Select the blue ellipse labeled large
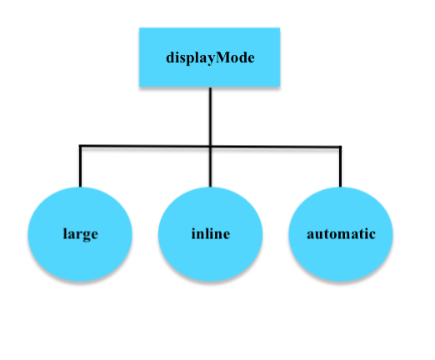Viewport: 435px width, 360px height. pyautogui.click(x=80, y=250)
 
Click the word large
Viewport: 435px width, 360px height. pyautogui.click(x=80, y=234)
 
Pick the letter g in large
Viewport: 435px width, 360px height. pyautogui.click(x=86, y=236)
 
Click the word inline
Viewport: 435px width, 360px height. pyautogui.click(x=210, y=234)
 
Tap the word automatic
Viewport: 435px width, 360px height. pyautogui.click(x=340, y=234)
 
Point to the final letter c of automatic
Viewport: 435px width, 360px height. pyautogui.click(x=372, y=235)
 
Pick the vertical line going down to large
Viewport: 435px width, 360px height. pyautogui.click(x=80, y=167)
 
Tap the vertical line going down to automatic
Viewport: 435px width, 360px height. pyautogui.click(x=340, y=167)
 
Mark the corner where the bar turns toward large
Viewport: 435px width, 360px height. pyautogui.click(x=80, y=147)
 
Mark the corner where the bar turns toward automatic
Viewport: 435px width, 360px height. pyautogui.click(x=340, y=147)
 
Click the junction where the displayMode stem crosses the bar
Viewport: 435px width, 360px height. pyautogui.click(x=210, y=147)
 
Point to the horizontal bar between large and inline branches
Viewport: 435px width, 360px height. pyautogui.click(x=145, y=147)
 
